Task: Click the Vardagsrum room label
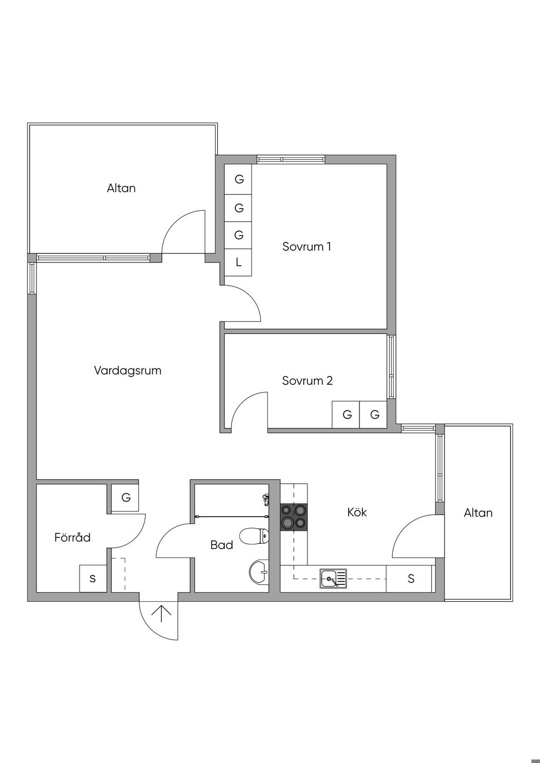[128, 370]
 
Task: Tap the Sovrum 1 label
[306, 247]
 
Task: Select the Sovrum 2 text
[307, 380]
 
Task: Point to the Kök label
[357, 512]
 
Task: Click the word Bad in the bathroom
[221, 545]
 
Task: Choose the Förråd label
[72, 537]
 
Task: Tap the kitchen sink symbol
[333, 579]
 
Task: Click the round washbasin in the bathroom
[258, 572]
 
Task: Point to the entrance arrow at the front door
[161, 614]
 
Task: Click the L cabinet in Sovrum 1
[238, 262]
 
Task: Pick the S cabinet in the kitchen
[411, 579]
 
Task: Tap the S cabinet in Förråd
[93, 579]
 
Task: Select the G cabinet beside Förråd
[126, 497]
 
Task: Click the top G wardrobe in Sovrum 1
[239, 179]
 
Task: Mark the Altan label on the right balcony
[478, 513]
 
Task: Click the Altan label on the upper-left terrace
[121, 188]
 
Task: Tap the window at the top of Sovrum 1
[291, 159]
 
